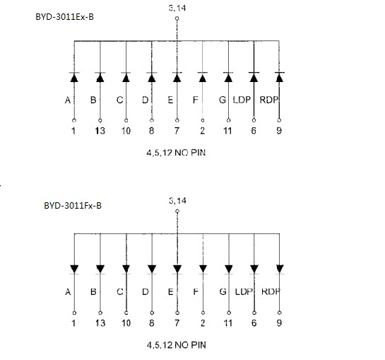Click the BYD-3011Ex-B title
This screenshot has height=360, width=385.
click(x=64, y=17)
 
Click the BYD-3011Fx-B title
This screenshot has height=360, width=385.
click(x=73, y=205)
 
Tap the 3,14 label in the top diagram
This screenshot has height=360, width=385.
click(x=177, y=8)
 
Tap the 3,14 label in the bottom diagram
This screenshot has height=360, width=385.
click(x=177, y=201)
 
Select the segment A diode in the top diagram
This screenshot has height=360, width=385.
click(x=74, y=77)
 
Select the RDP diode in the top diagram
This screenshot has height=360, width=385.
click(x=280, y=77)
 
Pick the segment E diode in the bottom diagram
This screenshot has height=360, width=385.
click(x=177, y=269)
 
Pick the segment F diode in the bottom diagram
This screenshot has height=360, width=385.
click(x=203, y=269)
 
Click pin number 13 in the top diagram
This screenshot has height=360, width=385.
click(x=100, y=131)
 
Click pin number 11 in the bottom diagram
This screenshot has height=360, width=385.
click(x=228, y=323)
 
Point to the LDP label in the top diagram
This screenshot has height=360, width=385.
click(x=242, y=100)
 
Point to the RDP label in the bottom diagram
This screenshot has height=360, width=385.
click(x=271, y=291)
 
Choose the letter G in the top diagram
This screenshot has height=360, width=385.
click(x=223, y=100)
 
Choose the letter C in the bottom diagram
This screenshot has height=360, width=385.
click(x=120, y=291)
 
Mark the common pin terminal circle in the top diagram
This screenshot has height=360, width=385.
click(x=177, y=18)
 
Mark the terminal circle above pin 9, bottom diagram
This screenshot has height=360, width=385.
click(x=280, y=313)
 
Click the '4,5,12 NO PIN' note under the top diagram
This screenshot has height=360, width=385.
click(x=176, y=153)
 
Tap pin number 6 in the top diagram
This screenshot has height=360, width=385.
click(x=254, y=131)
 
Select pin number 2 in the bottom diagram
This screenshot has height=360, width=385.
click(x=203, y=323)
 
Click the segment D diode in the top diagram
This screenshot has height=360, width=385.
click(x=152, y=77)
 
